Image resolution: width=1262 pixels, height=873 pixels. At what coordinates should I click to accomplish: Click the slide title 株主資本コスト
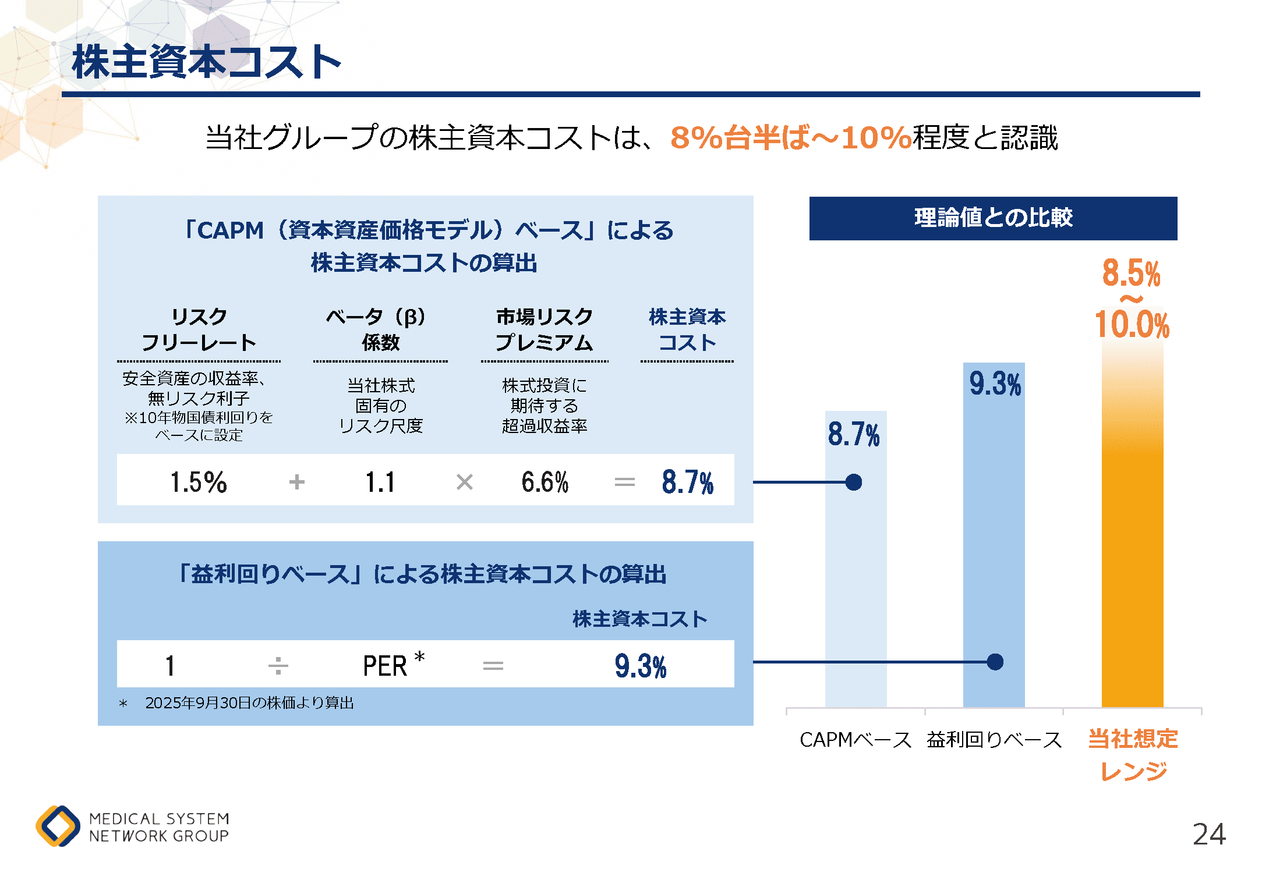(206, 62)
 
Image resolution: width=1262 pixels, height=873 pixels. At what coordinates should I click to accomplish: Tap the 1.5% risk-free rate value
(198, 482)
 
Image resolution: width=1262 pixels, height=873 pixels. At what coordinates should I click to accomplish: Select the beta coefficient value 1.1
(380, 482)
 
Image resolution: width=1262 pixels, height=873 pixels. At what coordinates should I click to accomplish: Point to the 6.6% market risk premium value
(545, 482)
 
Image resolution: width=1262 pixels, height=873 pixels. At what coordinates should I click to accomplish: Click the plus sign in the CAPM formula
(297, 482)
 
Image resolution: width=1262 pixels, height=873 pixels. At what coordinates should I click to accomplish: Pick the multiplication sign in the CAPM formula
(464, 482)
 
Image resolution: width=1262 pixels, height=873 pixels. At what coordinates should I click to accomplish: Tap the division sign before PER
(278, 665)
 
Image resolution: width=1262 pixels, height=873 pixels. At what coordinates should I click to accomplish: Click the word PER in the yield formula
(384, 666)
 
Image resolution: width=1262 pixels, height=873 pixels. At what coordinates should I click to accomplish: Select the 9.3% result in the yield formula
(640, 666)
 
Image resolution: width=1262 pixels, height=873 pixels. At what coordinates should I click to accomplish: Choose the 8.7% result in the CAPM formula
(687, 482)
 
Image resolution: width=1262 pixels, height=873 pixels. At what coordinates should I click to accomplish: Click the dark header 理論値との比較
(993, 218)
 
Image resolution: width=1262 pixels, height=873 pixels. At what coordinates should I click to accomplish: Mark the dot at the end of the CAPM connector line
(854, 482)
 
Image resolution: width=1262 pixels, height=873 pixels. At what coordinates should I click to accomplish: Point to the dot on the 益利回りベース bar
(995, 662)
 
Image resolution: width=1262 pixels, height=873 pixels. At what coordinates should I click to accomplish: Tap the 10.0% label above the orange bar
(1132, 324)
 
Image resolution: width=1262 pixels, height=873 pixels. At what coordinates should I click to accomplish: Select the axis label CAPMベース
(855, 740)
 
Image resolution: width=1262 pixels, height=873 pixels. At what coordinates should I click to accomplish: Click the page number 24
(1209, 834)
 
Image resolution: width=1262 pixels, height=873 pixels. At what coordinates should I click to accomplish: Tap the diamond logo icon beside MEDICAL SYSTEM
(58, 826)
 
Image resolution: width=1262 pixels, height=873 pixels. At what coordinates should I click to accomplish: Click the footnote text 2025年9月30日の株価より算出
(249, 703)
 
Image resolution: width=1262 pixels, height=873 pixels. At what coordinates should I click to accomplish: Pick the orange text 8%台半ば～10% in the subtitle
(790, 138)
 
